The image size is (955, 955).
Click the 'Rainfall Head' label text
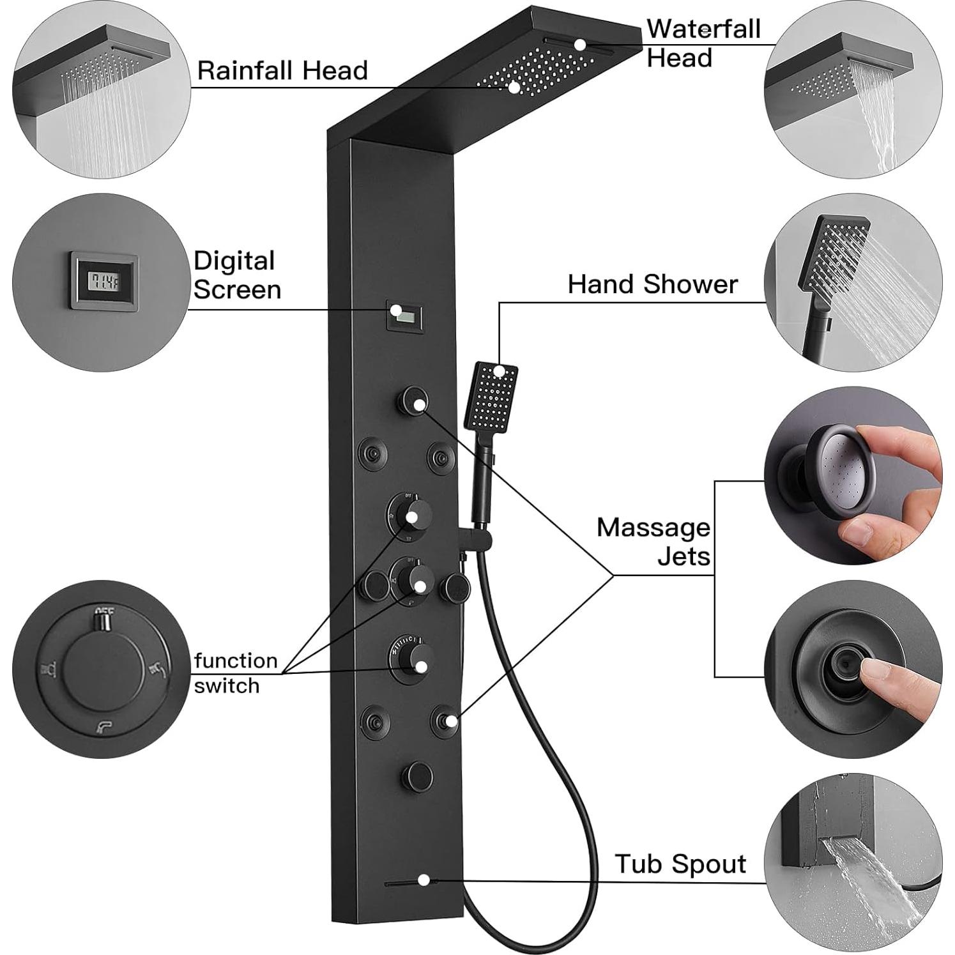pos(282,70)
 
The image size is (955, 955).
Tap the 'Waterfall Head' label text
pos(703,43)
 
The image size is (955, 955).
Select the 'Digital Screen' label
pos(237,275)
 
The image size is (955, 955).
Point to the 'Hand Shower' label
pos(652,284)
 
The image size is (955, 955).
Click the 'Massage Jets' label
pos(653,542)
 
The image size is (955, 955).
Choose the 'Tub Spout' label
pos(680,864)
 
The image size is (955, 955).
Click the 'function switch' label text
pos(236,673)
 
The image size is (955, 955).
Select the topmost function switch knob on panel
pos(409,516)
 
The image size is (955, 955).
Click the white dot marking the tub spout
pos(424,880)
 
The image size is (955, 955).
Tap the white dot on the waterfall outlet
pos(579,45)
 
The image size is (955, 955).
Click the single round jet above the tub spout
pos(417,776)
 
